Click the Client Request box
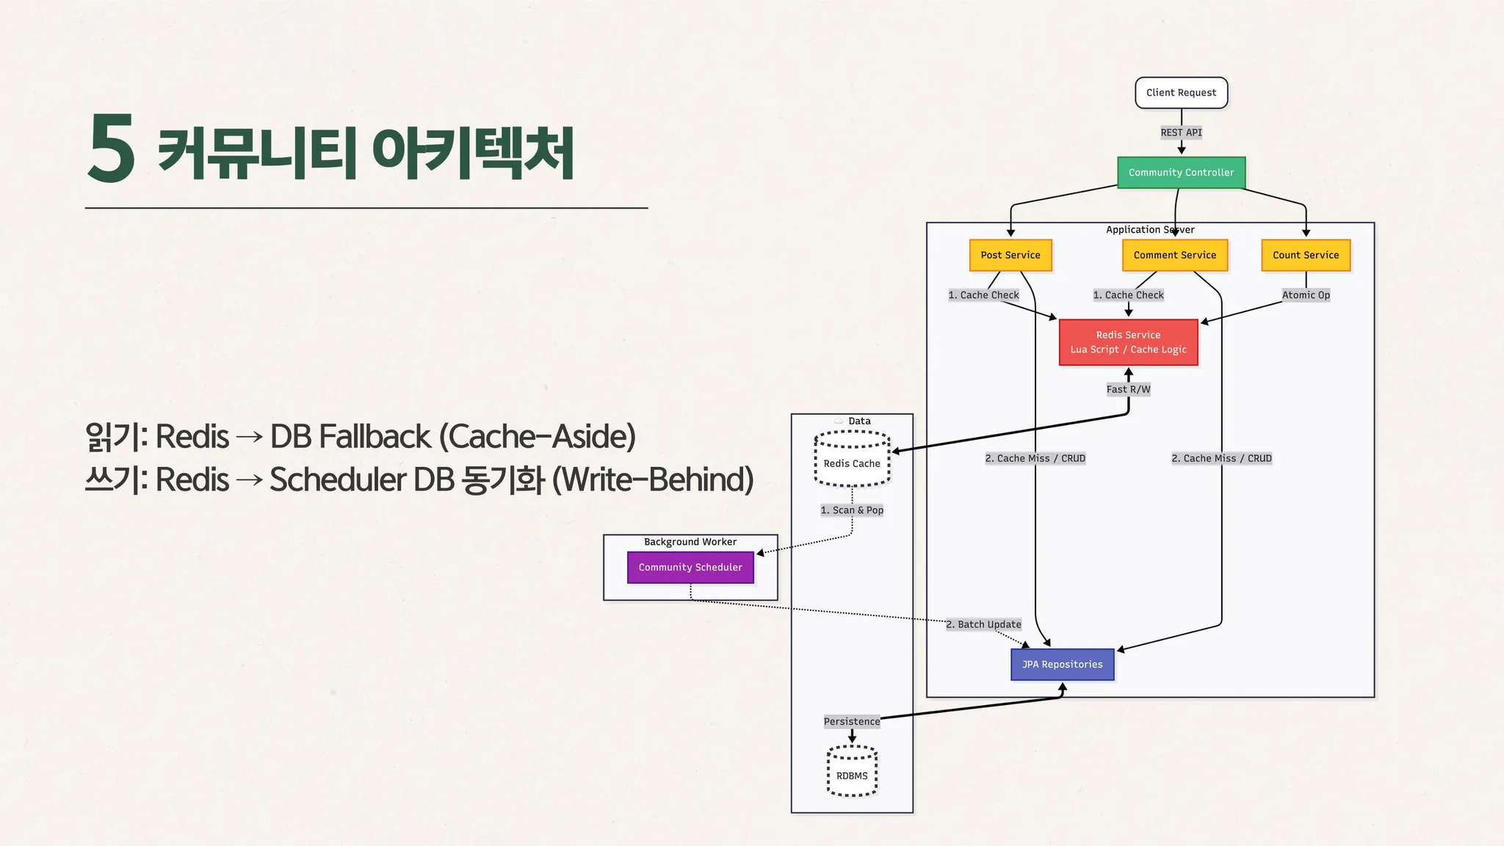click(x=1181, y=93)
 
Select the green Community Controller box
click(x=1181, y=173)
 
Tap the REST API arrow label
click(x=1181, y=132)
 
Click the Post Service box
click(x=1010, y=255)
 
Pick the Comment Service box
click(x=1174, y=255)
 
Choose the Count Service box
click(x=1305, y=255)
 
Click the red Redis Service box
click(x=1128, y=342)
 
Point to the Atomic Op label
click(x=1306, y=295)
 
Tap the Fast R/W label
click(x=1128, y=389)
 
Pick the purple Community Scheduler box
click(x=690, y=568)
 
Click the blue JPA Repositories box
click(x=1062, y=665)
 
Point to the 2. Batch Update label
click(x=983, y=624)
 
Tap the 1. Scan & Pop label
click(x=852, y=510)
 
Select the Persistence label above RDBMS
click(x=851, y=721)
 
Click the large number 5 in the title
click(x=112, y=149)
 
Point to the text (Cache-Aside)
click(x=537, y=436)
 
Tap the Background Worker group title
click(x=690, y=542)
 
